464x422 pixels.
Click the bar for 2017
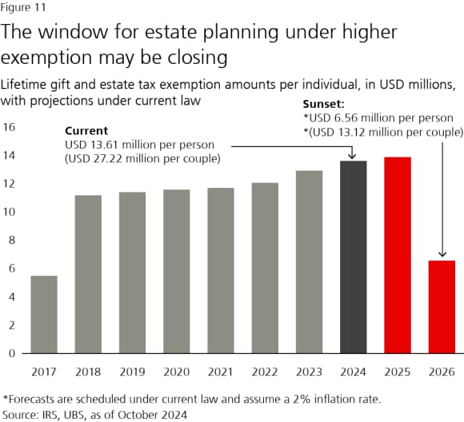point(44,314)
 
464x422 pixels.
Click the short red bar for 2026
point(442,307)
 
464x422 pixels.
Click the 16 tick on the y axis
point(10,127)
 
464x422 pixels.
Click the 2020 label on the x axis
point(177,371)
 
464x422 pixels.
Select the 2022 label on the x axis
point(266,371)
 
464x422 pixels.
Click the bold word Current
point(87,129)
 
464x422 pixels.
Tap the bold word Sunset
point(324,104)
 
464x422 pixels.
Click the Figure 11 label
point(24,8)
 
